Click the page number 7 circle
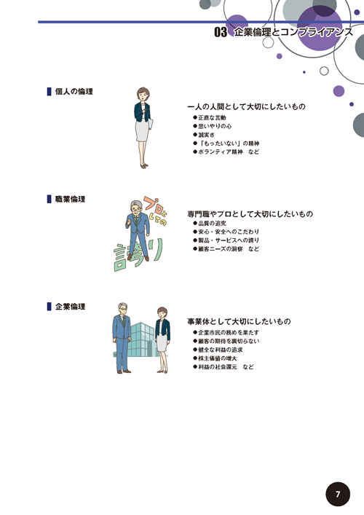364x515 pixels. tap(338, 494)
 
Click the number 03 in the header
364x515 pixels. tap(221, 32)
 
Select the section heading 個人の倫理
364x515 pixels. tap(74, 91)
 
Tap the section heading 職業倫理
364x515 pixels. tap(70, 199)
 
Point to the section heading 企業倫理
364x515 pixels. tap(70, 307)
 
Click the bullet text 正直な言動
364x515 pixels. tap(212, 117)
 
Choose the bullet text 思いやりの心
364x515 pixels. tap(215, 126)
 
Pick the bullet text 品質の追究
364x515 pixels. tap(212, 224)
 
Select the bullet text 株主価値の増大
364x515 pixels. tap(217, 358)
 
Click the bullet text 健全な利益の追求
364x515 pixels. tap(221, 350)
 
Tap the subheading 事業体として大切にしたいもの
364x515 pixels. tap(239, 321)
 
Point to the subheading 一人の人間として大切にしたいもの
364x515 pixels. tap(246, 107)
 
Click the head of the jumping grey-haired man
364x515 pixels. tap(135, 208)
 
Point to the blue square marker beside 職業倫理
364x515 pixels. tap(50, 199)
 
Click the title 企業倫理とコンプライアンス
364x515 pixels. tap(293, 32)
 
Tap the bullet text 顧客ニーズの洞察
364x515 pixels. tap(221, 249)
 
